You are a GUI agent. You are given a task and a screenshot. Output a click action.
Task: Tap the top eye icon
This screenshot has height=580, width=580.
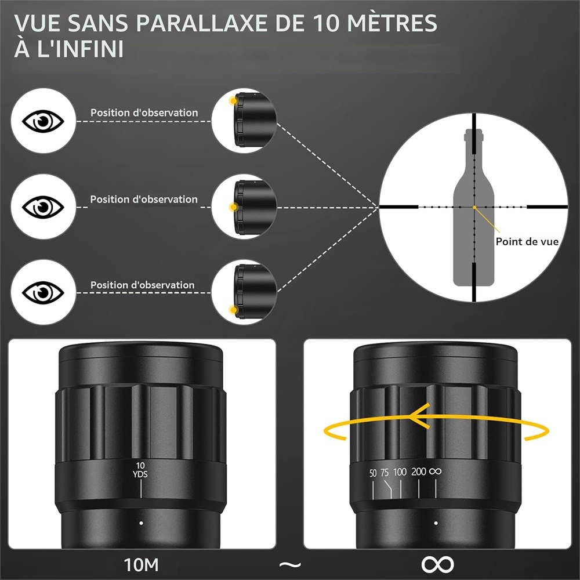43,121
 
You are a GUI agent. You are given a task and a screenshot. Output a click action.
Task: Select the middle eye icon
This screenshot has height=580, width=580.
43,207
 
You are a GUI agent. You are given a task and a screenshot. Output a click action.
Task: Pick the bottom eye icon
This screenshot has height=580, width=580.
43,292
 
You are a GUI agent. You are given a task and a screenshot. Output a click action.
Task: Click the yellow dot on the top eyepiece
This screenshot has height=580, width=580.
233,100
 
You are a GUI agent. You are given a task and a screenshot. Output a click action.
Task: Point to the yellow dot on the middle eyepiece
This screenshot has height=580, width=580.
233,207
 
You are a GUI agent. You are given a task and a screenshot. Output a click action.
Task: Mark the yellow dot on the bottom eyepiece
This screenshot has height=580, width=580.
233,310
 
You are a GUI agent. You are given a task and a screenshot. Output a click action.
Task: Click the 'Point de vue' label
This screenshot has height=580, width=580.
527,241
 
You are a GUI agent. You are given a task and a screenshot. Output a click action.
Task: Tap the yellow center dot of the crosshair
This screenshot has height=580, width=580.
474,208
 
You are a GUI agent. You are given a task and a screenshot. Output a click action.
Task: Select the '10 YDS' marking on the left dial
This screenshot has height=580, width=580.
140,470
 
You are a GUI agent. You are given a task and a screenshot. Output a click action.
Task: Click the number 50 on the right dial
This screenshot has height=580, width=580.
373,473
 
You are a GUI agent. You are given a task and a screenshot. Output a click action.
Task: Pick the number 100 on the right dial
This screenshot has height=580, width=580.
400,472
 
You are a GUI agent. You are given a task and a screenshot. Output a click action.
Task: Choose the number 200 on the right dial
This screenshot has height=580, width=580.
419,471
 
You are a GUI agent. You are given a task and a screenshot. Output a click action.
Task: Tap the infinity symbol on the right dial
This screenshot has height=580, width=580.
436,471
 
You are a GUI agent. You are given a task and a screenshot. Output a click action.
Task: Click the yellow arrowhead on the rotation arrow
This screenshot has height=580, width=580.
419,416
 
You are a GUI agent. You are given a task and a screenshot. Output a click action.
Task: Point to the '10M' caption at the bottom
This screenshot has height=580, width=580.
141,565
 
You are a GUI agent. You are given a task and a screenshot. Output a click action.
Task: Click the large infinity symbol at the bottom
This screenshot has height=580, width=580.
437,564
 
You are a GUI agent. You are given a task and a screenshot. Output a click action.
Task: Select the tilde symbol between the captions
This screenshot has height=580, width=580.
290,565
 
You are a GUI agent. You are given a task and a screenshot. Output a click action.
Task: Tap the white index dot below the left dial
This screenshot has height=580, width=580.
141,523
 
